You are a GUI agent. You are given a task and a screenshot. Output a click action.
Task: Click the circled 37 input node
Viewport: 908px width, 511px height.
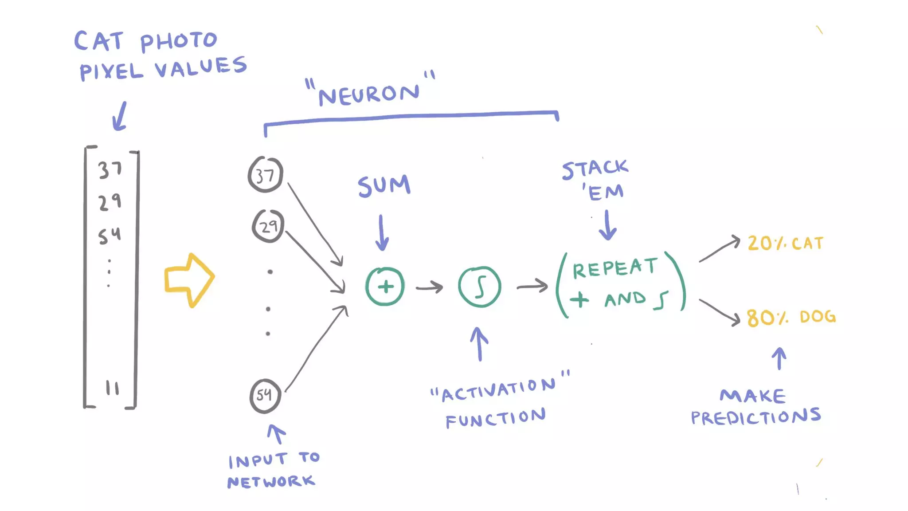pyautogui.click(x=265, y=174)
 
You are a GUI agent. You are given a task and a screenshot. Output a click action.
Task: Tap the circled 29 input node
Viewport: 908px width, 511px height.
pyautogui.click(x=268, y=226)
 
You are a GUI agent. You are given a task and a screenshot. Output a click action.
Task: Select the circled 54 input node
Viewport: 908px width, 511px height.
pyautogui.click(x=265, y=396)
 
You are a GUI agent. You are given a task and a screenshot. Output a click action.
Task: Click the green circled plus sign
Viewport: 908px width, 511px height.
pyautogui.click(x=385, y=287)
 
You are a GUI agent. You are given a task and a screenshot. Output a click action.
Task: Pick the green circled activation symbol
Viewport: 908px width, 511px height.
pyautogui.click(x=480, y=287)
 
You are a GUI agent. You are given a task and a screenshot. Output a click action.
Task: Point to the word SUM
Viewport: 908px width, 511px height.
pyautogui.click(x=384, y=185)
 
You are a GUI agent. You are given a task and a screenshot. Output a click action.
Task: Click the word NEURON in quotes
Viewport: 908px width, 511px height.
pyautogui.click(x=369, y=94)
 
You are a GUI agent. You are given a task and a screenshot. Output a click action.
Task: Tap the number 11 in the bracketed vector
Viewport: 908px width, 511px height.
pyautogui.click(x=112, y=388)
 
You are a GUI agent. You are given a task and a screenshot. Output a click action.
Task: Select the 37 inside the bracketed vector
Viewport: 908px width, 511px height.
pyautogui.click(x=110, y=169)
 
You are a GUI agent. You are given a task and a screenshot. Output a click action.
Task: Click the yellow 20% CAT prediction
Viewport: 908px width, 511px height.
pyautogui.click(x=785, y=244)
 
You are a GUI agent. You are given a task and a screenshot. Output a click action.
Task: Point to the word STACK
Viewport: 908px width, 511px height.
pyautogui.click(x=595, y=169)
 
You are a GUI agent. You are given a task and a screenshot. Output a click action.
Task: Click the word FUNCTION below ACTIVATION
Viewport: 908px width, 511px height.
pyautogui.click(x=495, y=418)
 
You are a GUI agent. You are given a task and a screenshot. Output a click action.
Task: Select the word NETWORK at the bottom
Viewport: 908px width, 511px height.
pyautogui.click(x=271, y=482)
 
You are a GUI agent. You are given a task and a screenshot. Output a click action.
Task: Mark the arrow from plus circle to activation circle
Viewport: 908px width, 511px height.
pyautogui.click(x=429, y=287)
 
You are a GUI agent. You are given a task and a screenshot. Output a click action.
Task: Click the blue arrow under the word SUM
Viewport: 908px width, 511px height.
pyautogui.click(x=381, y=233)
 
